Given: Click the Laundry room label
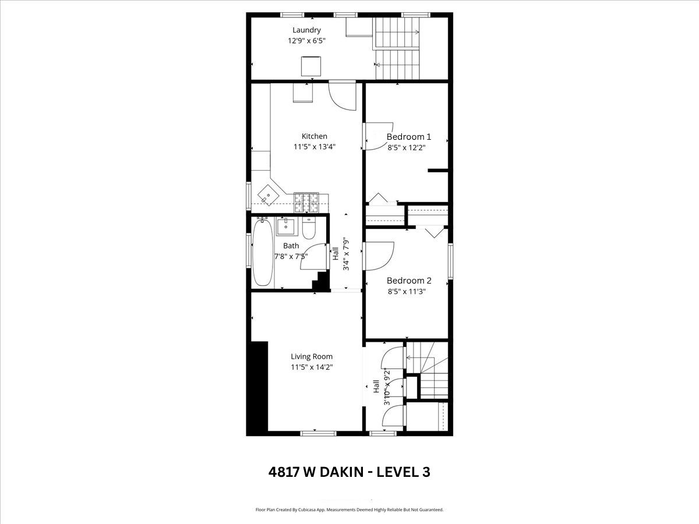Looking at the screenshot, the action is point(306,30).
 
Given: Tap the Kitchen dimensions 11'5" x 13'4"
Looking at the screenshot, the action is point(315,147).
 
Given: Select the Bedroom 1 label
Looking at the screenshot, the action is point(408,137).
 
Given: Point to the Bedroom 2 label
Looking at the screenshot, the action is point(409,281).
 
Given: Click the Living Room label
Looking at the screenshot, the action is point(312,357).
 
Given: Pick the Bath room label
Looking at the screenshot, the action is point(291,246).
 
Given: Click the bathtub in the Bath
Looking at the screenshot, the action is point(263,252).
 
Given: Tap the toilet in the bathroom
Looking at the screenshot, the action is point(308,228).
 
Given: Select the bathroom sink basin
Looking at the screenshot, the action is point(285,226).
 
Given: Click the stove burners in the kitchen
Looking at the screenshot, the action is point(306,203).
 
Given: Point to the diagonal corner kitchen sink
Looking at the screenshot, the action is point(267,196).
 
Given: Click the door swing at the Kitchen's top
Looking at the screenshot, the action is point(343,96).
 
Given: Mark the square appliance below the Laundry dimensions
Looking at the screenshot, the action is point(311,66).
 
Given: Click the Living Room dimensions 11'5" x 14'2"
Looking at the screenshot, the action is point(312,367).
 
